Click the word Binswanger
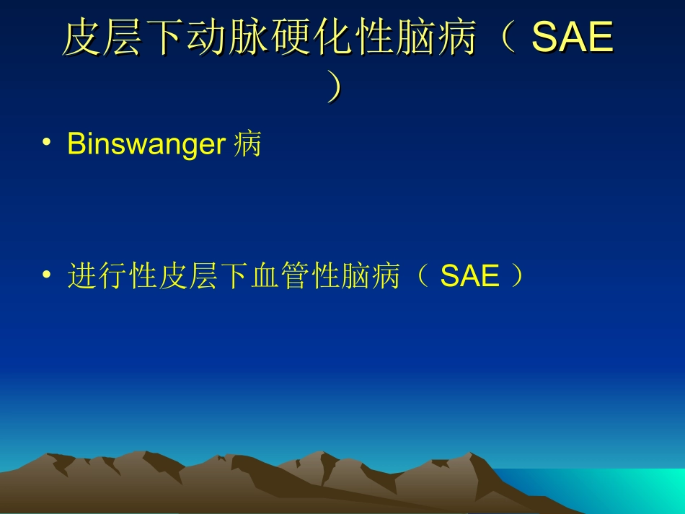pyautogui.click(x=146, y=145)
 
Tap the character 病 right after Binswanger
pyautogui.click(x=248, y=145)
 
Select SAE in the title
pyautogui.click(x=573, y=39)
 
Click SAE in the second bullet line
pyautogui.click(x=470, y=277)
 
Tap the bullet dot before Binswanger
pyautogui.click(x=47, y=143)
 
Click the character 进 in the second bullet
pyautogui.click(x=81, y=277)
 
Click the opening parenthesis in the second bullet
pyautogui.click(x=423, y=277)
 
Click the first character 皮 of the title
pyautogui.click(x=80, y=39)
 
